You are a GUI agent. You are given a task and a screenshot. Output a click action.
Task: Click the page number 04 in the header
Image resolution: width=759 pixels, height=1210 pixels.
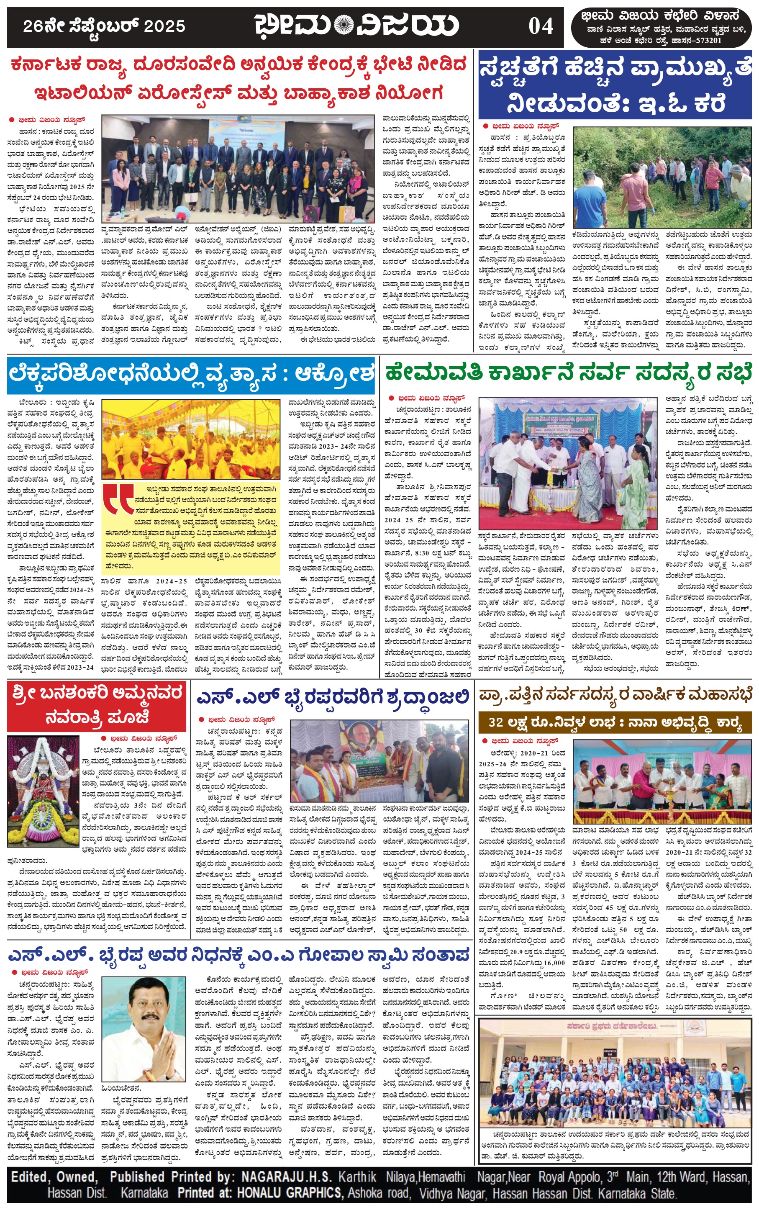[540, 26]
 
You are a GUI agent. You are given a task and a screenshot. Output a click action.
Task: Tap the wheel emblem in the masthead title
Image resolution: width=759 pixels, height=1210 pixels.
[344, 25]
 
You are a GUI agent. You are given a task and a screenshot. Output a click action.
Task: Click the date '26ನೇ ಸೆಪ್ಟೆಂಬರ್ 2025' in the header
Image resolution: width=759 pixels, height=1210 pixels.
[104, 26]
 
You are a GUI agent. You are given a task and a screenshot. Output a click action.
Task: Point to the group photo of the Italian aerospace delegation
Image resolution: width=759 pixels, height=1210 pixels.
[238, 169]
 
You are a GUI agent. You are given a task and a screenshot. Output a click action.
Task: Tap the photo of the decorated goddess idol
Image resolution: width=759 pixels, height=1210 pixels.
[43, 791]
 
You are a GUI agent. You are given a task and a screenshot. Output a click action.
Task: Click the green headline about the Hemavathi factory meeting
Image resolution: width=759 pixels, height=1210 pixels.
[569, 373]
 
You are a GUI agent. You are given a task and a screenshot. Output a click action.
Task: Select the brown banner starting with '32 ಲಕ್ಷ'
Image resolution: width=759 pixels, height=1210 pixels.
[614, 722]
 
